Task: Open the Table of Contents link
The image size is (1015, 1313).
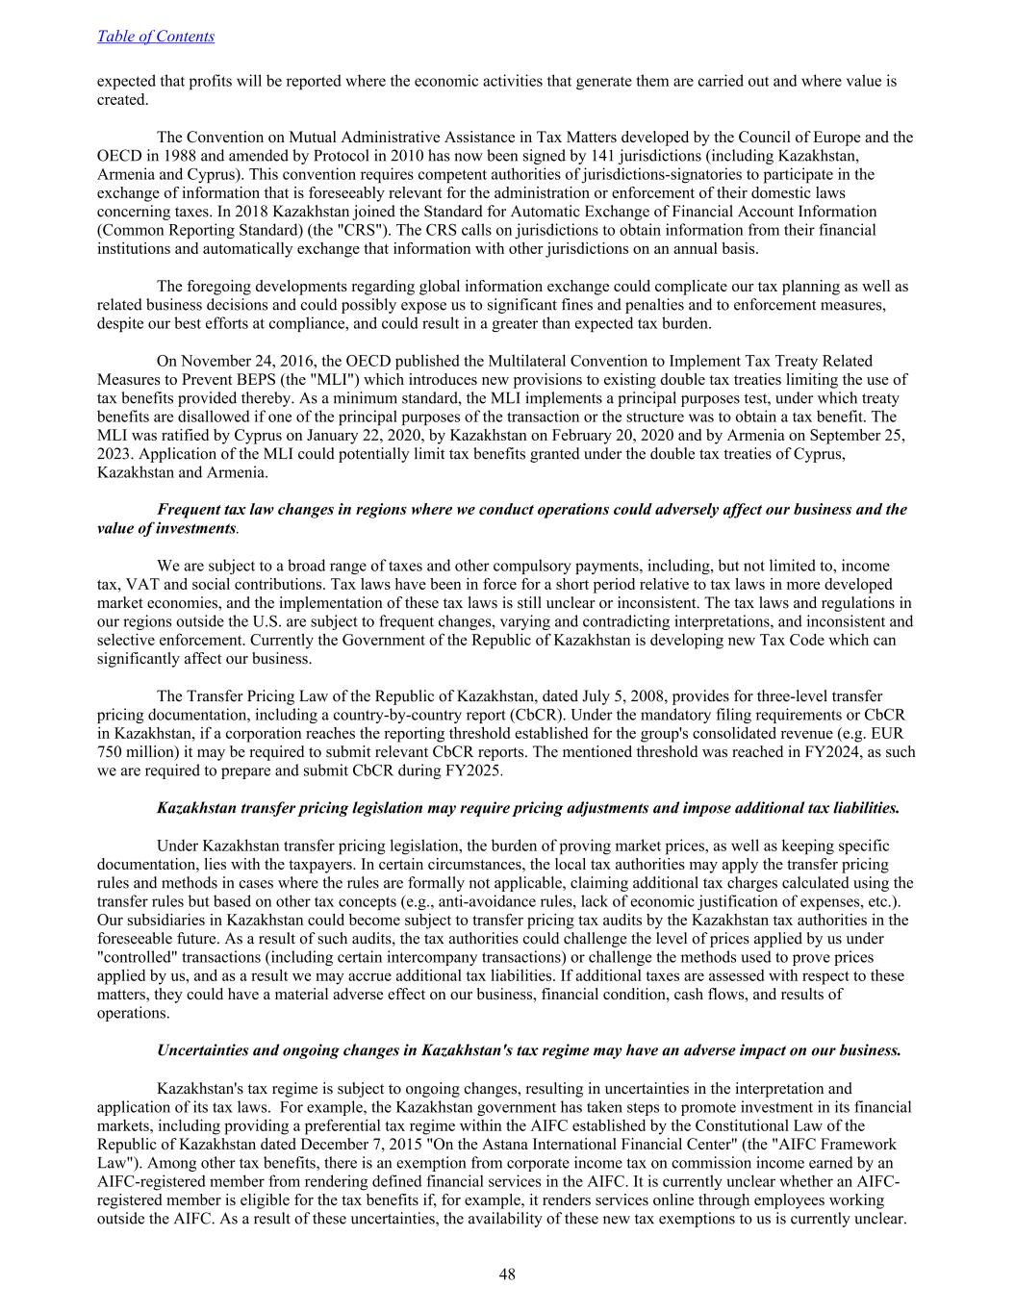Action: pos(156,37)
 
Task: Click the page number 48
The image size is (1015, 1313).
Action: pos(507,1275)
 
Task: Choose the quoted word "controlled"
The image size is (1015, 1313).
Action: pos(136,957)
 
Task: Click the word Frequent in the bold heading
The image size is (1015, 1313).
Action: pos(188,510)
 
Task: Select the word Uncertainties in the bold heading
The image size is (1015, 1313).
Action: pos(203,1050)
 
